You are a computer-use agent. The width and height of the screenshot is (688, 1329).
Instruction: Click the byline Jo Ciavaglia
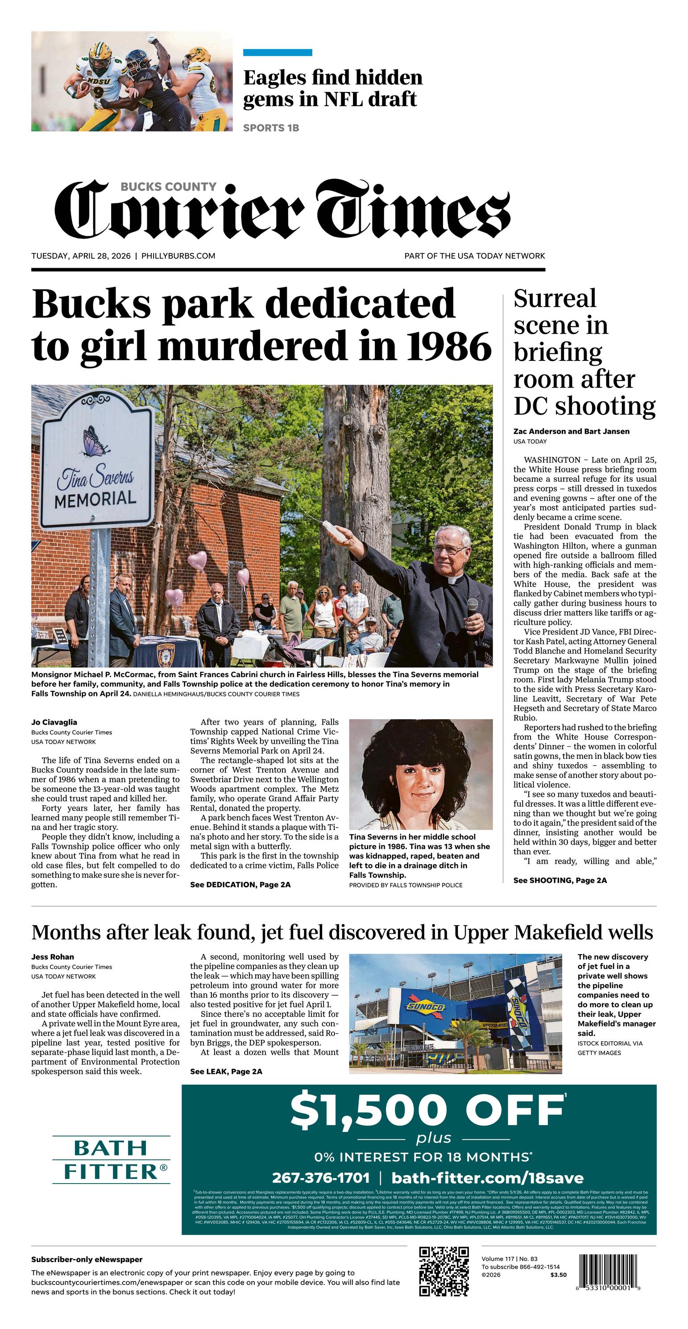coord(54,722)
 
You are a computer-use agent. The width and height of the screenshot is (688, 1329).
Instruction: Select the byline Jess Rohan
coord(52,956)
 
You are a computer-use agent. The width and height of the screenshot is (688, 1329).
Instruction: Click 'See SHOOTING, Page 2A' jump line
coord(560,880)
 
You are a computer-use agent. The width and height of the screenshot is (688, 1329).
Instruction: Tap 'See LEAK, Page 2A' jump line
coord(226,1071)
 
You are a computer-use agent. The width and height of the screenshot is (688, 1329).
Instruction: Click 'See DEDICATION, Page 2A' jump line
coord(240,884)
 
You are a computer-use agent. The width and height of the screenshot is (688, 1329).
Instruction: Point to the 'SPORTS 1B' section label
coord(271,128)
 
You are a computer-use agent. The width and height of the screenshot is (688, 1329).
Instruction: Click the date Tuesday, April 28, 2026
coord(80,256)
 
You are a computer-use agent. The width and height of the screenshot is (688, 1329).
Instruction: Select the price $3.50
coord(558,1275)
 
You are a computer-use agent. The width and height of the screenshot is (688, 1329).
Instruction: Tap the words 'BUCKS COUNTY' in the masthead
coord(168,187)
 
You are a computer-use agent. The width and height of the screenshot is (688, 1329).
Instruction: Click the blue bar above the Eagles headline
coord(277,53)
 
